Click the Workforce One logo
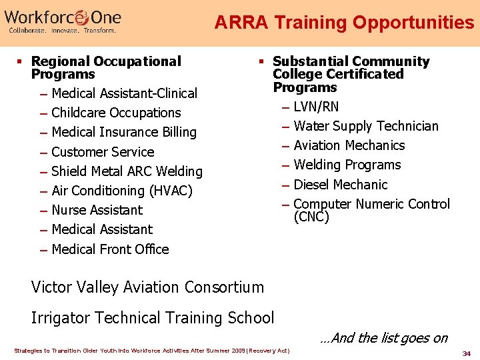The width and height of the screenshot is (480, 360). click(x=64, y=21)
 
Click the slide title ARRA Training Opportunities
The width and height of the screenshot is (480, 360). click(x=344, y=23)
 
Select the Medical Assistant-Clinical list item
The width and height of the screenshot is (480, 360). click(x=124, y=93)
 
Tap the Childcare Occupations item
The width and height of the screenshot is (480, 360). click(x=116, y=113)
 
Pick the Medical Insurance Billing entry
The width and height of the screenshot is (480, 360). click(x=123, y=132)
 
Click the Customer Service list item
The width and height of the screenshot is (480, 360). click(x=103, y=152)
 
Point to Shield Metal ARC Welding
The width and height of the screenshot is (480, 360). click(x=127, y=171)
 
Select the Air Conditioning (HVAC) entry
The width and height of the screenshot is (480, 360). click(x=121, y=191)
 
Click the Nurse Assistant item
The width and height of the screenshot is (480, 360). click(x=97, y=210)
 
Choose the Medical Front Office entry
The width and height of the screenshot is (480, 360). click(x=110, y=249)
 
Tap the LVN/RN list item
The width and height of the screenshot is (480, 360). click(x=316, y=107)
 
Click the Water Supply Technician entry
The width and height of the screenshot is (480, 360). click(x=365, y=126)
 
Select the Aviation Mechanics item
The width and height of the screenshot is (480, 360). click(x=349, y=145)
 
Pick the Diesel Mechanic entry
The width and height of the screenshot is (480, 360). click(x=340, y=185)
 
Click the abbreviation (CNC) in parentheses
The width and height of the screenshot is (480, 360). click(x=311, y=217)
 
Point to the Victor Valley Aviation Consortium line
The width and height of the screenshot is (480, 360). click(x=147, y=287)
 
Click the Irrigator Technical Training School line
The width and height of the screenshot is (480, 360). click(x=153, y=318)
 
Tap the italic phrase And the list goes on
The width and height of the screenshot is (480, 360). click(x=383, y=338)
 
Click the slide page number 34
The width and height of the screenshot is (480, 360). click(x=467, y=353)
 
